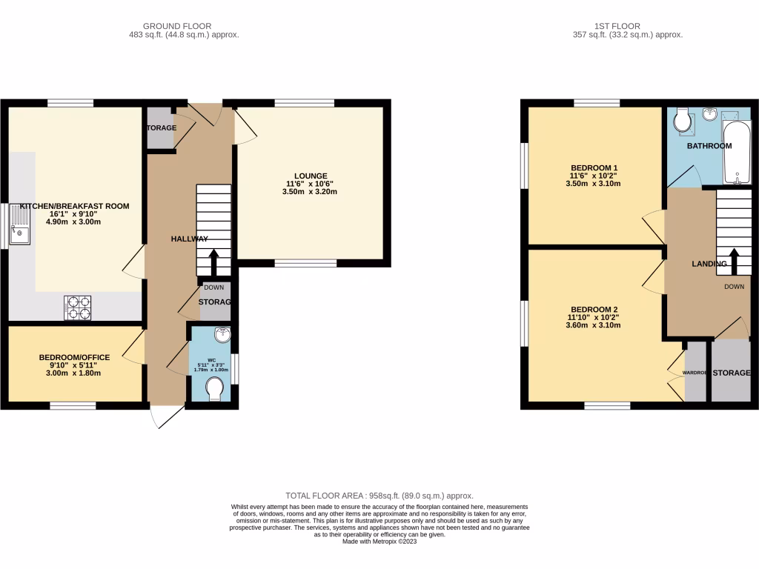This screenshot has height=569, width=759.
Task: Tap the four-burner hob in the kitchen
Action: (x=78, y=307)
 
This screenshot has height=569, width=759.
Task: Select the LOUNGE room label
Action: (x=309, y=176)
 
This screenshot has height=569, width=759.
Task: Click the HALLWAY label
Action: (x=189, y=239)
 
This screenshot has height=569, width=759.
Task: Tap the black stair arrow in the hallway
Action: (x=214, y=262)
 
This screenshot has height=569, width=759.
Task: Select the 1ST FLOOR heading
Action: (x=628, y=25)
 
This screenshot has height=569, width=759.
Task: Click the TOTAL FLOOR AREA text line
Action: (x=379, y=496)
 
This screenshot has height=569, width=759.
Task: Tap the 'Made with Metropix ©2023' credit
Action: (x=379, y=541)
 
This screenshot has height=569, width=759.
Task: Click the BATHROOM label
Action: (x=709, y=146)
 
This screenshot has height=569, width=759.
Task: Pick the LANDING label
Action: (x=709, y=264)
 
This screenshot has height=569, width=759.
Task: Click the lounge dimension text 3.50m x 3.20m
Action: (x=309, y=192)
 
